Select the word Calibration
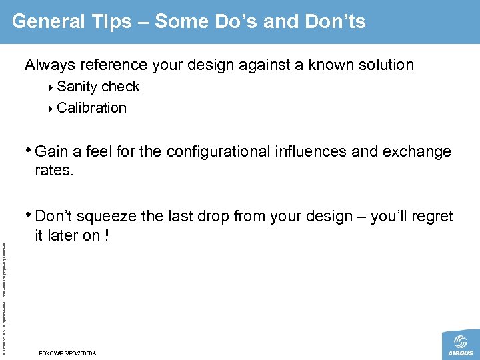(91, 107)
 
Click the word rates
(54, 170)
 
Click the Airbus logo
(460, 345)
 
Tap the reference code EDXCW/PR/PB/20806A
(68, 353)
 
